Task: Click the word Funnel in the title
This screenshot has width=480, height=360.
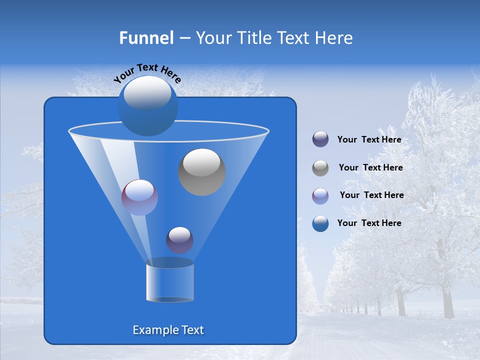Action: [x=146, y=38]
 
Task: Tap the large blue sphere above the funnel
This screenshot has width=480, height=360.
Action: [x=147, y=106]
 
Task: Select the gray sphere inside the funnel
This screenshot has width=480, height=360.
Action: [x=202, y=172]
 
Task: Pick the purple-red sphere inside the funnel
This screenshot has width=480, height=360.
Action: [x=139, y=197]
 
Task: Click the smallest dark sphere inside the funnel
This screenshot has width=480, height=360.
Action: [x=179, y=240]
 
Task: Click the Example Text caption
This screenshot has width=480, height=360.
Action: [x=168, y=330]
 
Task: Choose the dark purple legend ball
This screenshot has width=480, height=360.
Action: [x=320, y=139]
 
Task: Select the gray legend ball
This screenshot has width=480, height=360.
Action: [x=320, y=168]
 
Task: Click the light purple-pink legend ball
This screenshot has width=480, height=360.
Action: [x=320, y=196]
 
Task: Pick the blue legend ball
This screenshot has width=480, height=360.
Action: [x=320, y=223]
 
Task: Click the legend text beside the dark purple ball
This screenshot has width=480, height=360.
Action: [x=369, y=140]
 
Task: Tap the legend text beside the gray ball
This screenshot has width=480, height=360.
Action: [x=370, y=168]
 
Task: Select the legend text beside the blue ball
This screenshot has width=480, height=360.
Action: [x=369, y=223]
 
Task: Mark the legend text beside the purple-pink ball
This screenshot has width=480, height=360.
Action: [x=371, y=195]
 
